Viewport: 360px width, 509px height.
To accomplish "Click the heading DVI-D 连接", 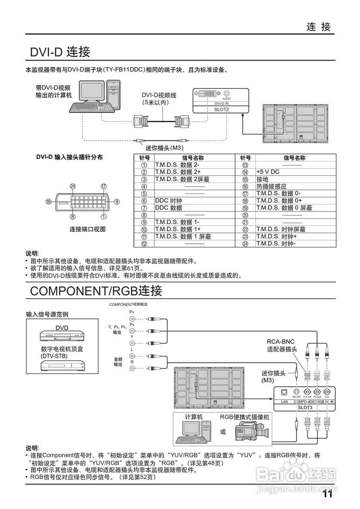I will tap(60, 52).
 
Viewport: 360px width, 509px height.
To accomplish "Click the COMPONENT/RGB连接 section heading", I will tap(96, 291).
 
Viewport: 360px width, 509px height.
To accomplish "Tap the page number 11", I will tap(327, 494).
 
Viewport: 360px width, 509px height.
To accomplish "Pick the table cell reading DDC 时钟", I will tap(169, 201).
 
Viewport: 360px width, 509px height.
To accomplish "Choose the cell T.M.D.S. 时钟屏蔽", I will tap(281, 229).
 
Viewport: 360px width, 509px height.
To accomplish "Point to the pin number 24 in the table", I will tap(245, 244).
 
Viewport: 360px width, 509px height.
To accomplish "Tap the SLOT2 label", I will tap(222, 110).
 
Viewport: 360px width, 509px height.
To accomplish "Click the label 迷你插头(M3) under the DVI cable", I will tap(163, 148).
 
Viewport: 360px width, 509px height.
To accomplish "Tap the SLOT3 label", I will tap(305, 407).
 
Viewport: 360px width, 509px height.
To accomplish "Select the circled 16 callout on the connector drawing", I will tap(49, 202).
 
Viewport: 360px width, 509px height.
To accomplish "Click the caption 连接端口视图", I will tap(88, 229).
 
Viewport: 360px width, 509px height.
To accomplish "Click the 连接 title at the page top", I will tap(319, 27).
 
